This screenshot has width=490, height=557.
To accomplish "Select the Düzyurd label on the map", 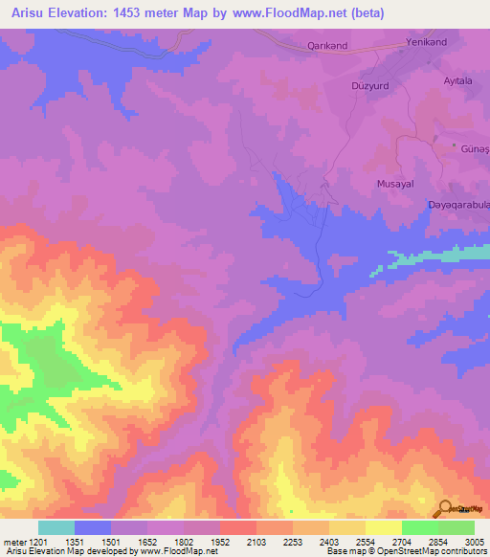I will (370, 83).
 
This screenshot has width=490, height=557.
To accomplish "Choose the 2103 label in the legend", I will (256, 543).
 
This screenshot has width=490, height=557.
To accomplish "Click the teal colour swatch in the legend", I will (56, 527).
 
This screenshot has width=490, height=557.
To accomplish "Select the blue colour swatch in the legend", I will (93, 527).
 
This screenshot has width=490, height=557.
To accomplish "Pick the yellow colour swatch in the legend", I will (383, 527).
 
